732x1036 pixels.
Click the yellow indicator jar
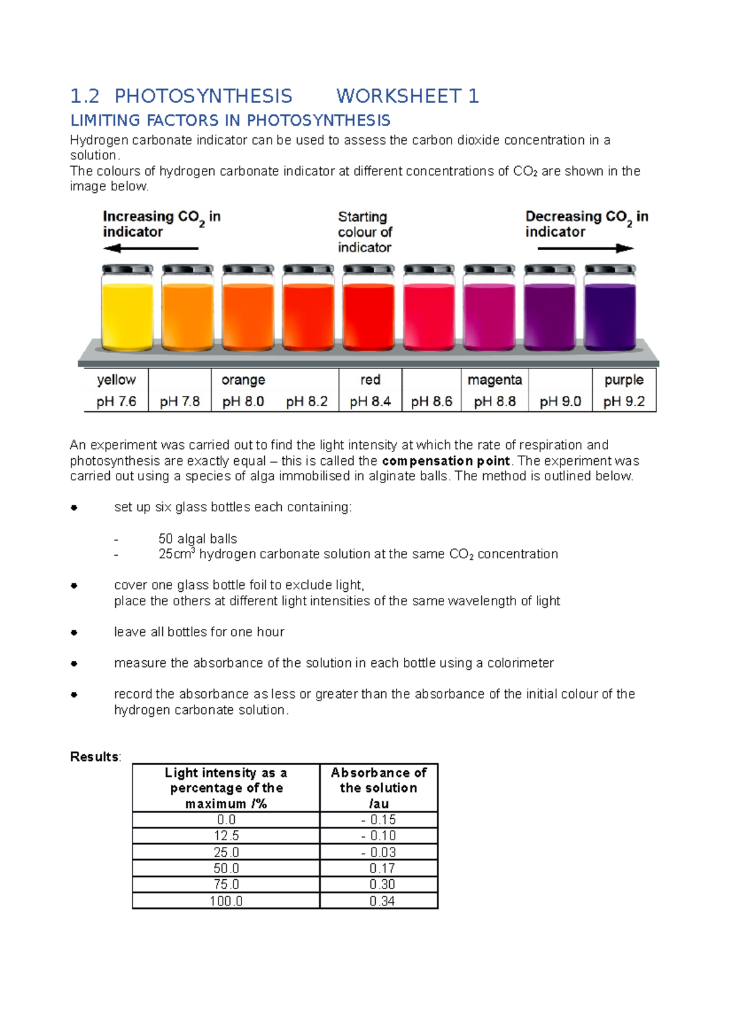127,310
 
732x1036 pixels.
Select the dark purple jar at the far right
610,310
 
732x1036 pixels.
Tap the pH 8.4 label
370,401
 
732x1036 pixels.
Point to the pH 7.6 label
116,401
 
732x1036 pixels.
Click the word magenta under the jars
495,380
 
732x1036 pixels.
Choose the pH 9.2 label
623,401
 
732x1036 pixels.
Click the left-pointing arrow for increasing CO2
151,248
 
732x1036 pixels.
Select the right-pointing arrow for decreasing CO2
586,248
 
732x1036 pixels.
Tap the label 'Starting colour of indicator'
365,232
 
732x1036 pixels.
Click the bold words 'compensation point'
446,461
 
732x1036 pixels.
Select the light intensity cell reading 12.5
226,835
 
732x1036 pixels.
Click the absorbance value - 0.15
379,819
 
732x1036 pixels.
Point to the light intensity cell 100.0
226,901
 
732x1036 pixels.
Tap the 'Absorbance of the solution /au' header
379,788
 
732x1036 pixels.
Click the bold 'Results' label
95,757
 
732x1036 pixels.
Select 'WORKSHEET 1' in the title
407,96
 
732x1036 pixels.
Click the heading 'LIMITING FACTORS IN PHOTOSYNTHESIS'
231,120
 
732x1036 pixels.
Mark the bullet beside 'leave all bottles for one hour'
74,632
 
